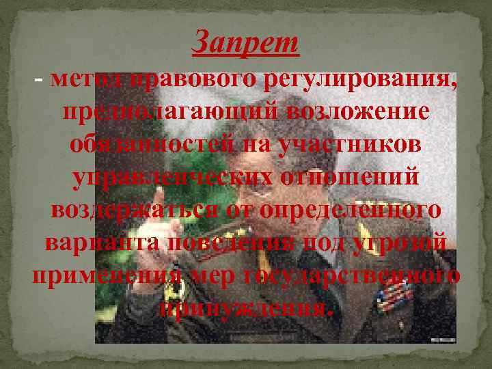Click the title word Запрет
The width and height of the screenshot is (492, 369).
coord(246,44)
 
